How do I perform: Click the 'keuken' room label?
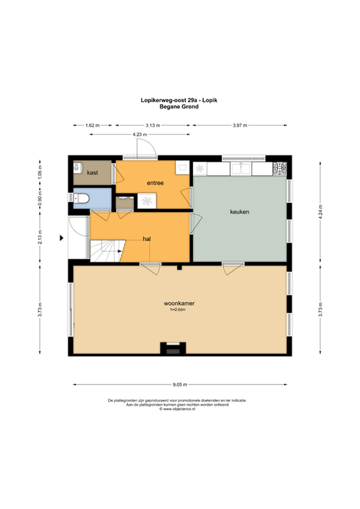pyautogui.click(x=239, y=212)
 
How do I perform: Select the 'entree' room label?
pyautogui.click(x=156, y=183)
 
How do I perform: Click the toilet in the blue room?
pyautogui.click(x=82, y=198)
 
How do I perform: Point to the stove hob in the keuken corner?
pyautogui.click(x=281, y=168)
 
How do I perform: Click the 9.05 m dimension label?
pyautogui.click(x=180, y=384)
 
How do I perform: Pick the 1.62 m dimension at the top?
pyautogui.click(x=93, y=125)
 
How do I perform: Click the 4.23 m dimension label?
pyautogui.click(x=139, y=135)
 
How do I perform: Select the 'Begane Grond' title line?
pyautogui.click(x=179, y=106)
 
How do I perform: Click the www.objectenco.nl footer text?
pyautogui.click(x=180, y=409)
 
